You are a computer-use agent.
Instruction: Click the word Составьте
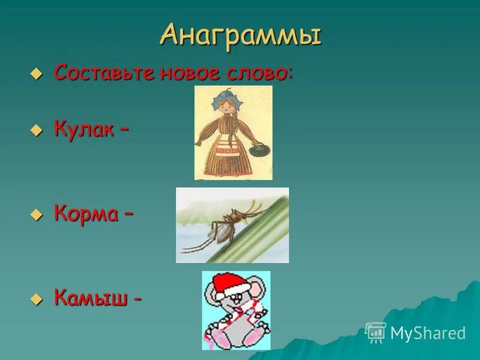point(105,73)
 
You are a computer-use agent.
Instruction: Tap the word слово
point(260,73)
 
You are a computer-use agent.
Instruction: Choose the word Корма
point(86,214)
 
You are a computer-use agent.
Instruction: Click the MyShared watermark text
point(428,333)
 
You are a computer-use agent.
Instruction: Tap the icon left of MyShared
point(376,332)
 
